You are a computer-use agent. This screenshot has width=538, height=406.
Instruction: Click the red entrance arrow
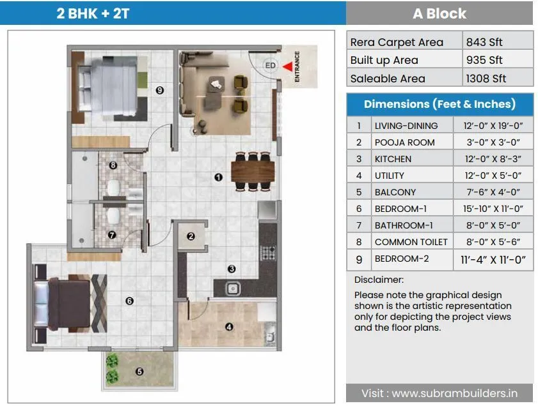(x=288, y=65)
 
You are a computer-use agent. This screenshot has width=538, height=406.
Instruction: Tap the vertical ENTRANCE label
(x=297, y=66)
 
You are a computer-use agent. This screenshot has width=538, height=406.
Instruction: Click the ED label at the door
(x=270, y=65)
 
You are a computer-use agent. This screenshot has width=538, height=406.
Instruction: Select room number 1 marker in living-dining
(x=218, y=178)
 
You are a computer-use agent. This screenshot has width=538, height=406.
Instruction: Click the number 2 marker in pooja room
(x=191, y=237)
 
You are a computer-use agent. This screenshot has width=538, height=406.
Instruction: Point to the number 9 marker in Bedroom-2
(x=160, y=91)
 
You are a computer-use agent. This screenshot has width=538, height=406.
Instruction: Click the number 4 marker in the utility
(x=229, y=327)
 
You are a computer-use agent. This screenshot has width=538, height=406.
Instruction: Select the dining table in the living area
(x=253, y=171)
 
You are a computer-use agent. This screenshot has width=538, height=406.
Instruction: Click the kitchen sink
(x=233, y=289)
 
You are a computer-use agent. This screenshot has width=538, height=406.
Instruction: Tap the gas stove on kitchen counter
(x=267, y=253)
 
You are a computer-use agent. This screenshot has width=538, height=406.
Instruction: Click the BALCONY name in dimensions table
(x=395, y=192)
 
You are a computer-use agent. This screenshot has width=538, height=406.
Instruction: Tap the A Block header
(x=439, y=13)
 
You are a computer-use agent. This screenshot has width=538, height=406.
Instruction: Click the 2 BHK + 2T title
(x=93, y=13)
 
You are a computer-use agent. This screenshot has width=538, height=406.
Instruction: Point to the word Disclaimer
(x=379, y=280)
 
